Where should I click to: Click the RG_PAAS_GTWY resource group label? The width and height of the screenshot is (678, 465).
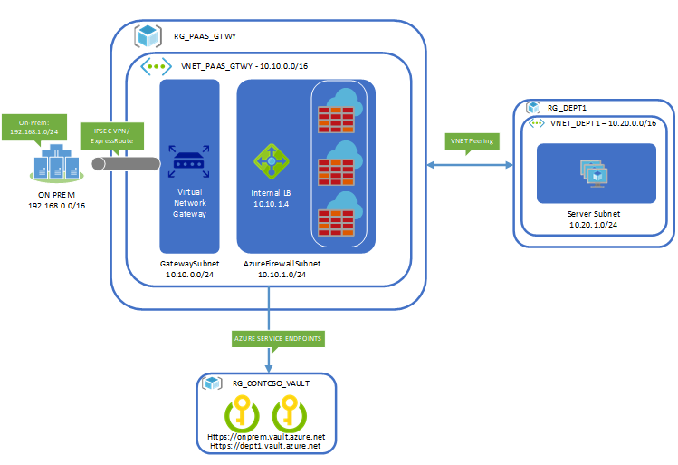click(x=205, y=37)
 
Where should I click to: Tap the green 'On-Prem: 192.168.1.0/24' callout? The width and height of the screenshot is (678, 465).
click(x=38, y=126)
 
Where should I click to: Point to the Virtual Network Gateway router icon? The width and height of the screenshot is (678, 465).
click(x=189, y=163)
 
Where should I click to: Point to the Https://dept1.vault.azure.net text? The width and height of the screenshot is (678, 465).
click(x=264, y=446)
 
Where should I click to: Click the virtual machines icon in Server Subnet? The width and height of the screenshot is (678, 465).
click(x=595, y=171)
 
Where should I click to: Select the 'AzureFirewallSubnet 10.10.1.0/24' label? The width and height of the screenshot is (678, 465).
click(x=282, y=267)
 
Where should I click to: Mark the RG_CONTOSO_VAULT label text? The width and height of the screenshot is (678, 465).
click(x=271, y=383)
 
